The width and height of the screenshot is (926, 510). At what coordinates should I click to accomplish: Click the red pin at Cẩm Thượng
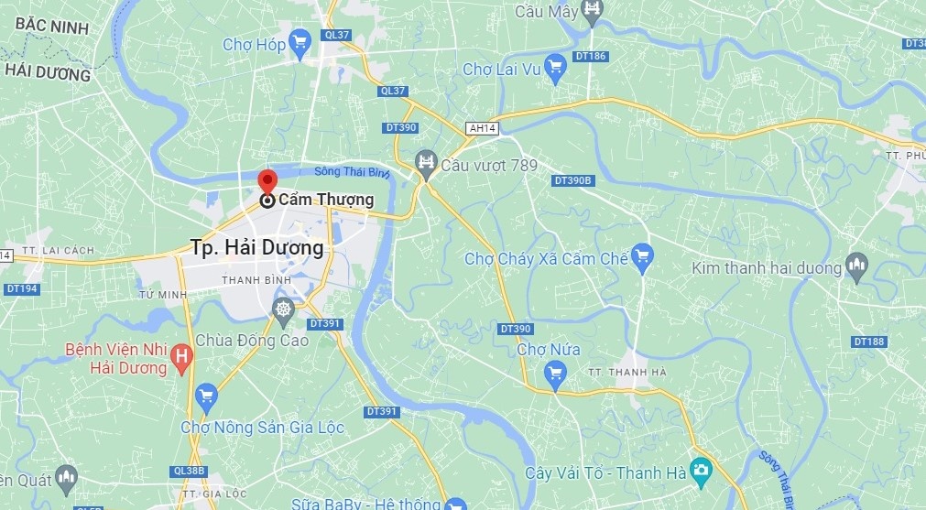pos(267,180)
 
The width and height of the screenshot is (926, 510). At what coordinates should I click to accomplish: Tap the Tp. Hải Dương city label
pos(257,247)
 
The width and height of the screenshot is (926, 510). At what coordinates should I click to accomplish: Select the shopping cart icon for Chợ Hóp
pos(300,42)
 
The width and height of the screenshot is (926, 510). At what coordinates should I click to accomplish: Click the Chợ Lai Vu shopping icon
pos(554,66)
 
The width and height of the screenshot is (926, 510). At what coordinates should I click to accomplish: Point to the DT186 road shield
pos(591,57)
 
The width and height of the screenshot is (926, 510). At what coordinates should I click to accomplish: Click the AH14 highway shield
pos(482,128)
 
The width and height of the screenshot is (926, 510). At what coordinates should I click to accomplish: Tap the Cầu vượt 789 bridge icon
pos(426,164)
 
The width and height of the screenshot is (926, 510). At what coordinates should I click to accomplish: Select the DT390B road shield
pos(574,180)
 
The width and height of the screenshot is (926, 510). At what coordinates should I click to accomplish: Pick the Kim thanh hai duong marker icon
pos(857,266)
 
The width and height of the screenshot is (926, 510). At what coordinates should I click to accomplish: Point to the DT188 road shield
pos(869,342)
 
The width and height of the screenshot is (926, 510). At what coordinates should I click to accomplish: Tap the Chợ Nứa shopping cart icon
pos(554,373)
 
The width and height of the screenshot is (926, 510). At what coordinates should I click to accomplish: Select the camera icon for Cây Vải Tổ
pos(701,472)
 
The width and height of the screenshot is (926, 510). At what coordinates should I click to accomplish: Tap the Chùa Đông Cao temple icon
pos(283,309)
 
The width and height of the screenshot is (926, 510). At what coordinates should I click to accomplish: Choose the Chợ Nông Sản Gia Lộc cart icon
pos(206,396)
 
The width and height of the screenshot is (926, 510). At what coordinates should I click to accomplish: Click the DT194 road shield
pos(21,288)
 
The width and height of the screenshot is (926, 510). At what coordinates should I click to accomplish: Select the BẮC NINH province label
pos(45,28)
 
